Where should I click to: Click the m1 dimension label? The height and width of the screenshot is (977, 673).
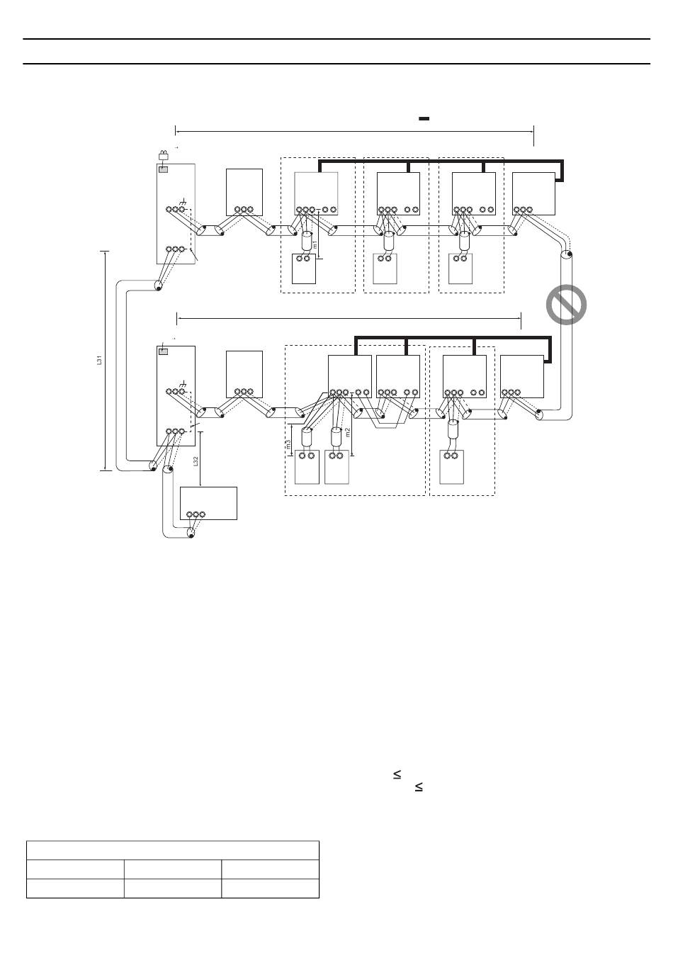[x=315, y=244]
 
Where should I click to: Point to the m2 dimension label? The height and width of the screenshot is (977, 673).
[x=347, y=432]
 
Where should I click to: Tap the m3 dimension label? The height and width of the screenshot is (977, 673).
[x=288, y=445]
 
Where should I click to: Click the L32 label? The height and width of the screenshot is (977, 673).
[x=196, y=461]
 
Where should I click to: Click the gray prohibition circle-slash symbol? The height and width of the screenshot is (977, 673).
[x=567, y=305]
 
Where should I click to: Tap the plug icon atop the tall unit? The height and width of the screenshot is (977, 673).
[x=164, y=157]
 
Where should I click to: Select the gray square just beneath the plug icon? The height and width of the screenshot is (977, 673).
[x=164, y=169]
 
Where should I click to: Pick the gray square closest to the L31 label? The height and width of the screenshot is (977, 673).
[x=164, y=351]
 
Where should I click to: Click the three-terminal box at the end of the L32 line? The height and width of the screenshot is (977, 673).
[x=208, y=504]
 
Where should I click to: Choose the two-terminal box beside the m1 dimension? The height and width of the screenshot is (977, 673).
[x=304, y=268]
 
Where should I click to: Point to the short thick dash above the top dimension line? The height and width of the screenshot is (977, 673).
[x=424, y=119]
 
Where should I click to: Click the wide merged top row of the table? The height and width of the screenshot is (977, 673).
[x=173, y=850]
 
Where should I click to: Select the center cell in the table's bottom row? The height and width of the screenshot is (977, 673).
[x=173, y=888]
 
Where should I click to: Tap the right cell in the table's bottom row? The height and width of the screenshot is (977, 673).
[x=270, y=888]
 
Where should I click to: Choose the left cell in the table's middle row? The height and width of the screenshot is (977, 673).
[x=75, y=869]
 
